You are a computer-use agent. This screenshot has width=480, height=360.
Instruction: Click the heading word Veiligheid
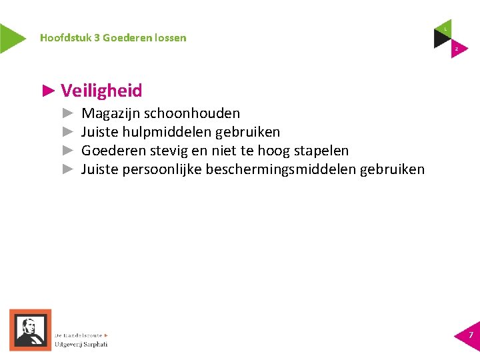coord(101,91)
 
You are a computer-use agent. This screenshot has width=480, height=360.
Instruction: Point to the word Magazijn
coord(110,114)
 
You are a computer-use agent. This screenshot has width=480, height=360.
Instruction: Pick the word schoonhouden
coord(192,114)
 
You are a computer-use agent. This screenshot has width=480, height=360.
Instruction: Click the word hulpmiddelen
coord(167,132)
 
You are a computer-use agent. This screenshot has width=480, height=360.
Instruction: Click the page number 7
coord(471,335)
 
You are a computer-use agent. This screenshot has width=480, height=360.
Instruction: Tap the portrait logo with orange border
coord(30,329)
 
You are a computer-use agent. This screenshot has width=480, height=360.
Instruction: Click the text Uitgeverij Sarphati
coord(81,344)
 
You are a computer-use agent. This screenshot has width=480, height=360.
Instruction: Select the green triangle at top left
coord(11,38)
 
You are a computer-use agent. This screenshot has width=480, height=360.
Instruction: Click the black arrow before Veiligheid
coord(47,90)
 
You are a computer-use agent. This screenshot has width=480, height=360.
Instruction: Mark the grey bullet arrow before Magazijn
coord(67,114)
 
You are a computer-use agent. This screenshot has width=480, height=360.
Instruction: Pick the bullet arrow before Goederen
coord(67,151)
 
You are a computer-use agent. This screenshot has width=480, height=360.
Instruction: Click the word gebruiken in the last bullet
coord(392,169)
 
